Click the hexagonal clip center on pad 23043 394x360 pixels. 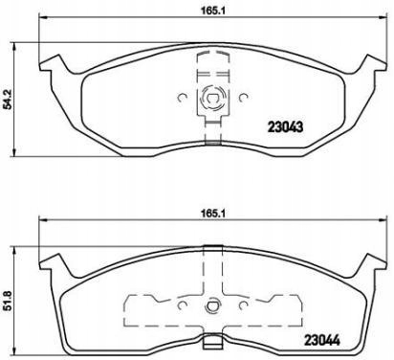tap(212, 96)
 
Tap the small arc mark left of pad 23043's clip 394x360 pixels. tap(182, 96)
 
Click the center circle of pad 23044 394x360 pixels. tap(212, 309)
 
